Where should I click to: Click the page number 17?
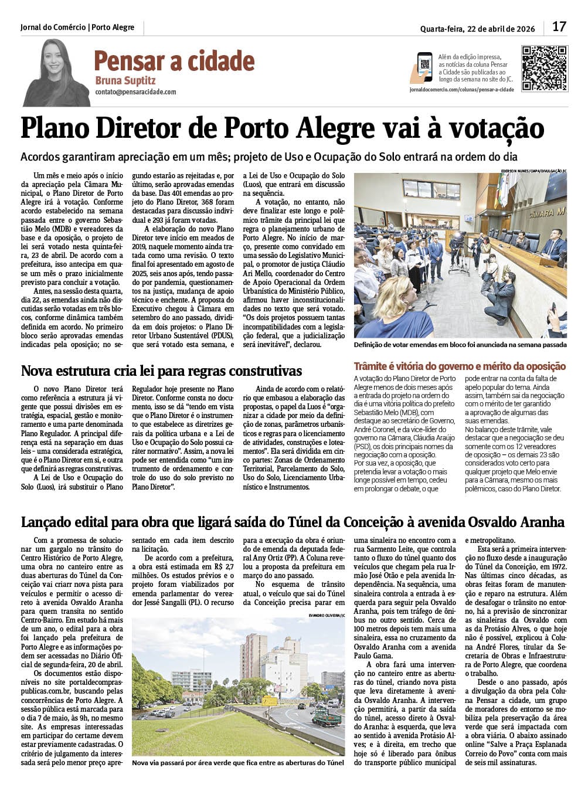559,27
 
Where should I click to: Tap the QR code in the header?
545,68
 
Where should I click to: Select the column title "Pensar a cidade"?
174,61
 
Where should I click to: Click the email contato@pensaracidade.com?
135,92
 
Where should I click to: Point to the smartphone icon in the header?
424,67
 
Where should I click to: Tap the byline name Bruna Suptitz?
125,80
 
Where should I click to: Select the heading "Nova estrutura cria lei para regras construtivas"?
161,371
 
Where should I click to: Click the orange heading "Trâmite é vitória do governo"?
460,366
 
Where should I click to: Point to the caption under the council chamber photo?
460,346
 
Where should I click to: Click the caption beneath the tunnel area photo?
238,763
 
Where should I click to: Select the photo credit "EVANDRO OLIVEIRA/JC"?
327,614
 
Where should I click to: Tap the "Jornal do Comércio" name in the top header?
53,28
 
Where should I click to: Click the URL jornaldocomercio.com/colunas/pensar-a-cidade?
461,89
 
